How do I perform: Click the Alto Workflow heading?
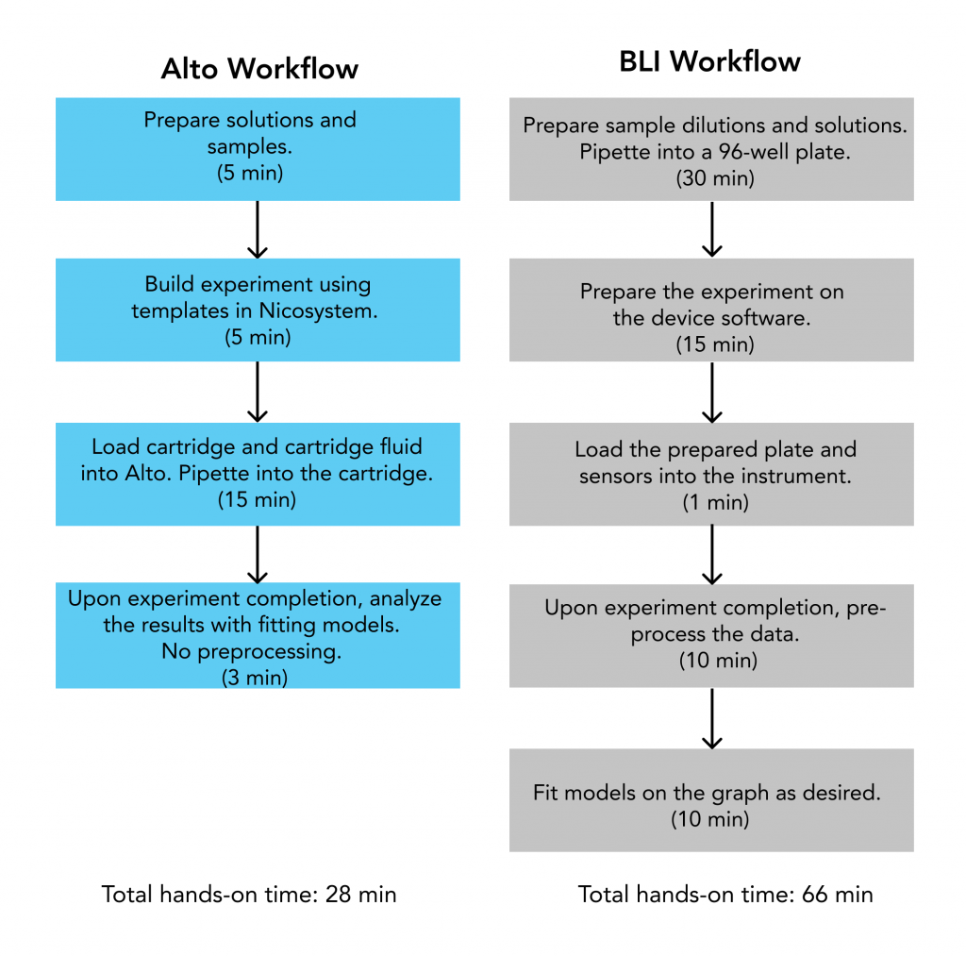(259, 68)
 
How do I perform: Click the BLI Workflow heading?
(709, 61)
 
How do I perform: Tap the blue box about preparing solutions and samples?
(258, 149)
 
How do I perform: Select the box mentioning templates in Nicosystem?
(258, 310)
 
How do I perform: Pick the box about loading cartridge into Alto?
(258, 474)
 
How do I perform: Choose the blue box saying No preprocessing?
(258, 635)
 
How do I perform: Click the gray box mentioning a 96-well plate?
(711, 149)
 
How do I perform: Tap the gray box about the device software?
(711, 310)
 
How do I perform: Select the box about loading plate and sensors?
(711, 474)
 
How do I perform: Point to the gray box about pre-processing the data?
(711, 635)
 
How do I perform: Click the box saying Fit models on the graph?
(711, 800)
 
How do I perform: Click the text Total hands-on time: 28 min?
(249, 895)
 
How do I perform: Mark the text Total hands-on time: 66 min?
(725, 895)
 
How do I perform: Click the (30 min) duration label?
(715, 178)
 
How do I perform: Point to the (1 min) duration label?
(715, 503)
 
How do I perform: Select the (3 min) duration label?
(255, 678)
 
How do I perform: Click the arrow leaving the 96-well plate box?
(712, 229)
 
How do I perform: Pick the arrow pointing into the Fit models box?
(712, 719)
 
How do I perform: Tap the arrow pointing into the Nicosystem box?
(258, 229)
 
